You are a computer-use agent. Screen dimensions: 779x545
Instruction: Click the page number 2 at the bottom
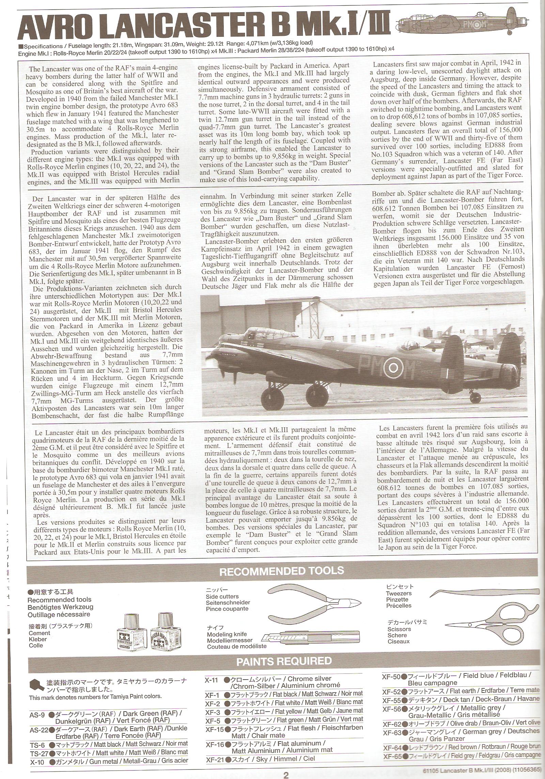coord(286,774)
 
